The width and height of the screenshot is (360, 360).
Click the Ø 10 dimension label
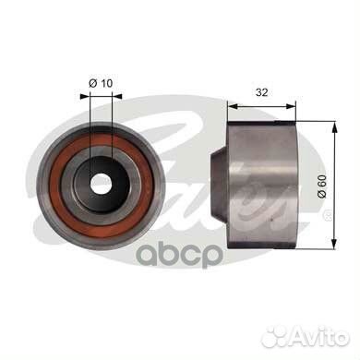tap(101, 83)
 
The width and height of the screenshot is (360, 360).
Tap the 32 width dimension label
tap(262, 92)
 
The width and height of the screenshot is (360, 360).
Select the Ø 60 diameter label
tap(322, 186)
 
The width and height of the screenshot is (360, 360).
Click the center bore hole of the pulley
tap(101, 184)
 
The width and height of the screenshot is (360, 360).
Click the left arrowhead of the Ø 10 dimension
tap(85, 96)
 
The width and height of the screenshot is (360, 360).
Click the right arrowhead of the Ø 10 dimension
tap(117, 96)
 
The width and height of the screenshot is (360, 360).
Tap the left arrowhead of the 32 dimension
tap(233, 106)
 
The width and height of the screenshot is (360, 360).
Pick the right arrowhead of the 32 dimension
tap(291, 106)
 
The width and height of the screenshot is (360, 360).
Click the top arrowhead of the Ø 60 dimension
tap(334, 126)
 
